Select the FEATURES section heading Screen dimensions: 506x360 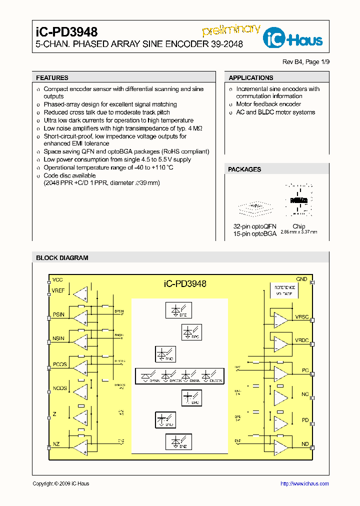(x=52, y=77)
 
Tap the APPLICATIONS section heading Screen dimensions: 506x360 (x=250, y=77)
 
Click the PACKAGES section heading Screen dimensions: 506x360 (x=244, y=169)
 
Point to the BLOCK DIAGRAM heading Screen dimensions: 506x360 (x=62, y=258)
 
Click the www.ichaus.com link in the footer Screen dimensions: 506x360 (x=304, y=483)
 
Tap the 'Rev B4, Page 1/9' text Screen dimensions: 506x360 (x=306, y=62)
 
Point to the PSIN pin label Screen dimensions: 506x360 (x=58, y=314)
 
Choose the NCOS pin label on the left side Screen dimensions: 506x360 (x=59, y=388)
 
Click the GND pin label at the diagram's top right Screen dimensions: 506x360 (x=301, y=279)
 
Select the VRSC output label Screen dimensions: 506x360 (x=302, y=317)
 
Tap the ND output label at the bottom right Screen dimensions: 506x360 (x=304, y=444)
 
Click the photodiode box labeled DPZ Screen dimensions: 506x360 (x=178, y=310)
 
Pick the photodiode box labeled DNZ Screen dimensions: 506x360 (x=178, y=441)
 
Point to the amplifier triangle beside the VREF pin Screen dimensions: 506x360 (x=79, y=294)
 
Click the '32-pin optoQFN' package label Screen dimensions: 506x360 (x=254, y=226)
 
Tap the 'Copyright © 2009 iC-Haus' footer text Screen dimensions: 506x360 (x=60, y=483)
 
